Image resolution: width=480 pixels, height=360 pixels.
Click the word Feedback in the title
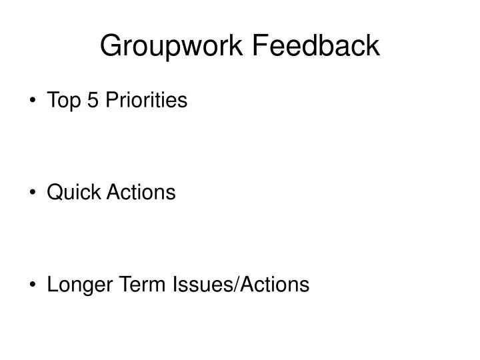coord(317,45)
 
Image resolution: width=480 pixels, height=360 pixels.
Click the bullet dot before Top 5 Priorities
coord(33,101)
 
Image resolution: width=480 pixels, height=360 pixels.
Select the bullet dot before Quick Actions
coord(33,193)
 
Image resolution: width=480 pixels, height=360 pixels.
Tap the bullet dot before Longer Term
coord(33,285)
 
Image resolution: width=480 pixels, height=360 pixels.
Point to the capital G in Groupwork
coord(110,45)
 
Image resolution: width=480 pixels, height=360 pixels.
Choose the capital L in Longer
coord(52,285)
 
